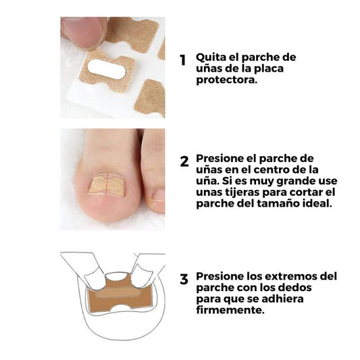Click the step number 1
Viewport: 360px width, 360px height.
click(x=182, y=60)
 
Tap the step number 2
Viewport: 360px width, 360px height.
click(x=184, y=162)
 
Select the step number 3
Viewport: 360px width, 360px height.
click(x=184, y=279)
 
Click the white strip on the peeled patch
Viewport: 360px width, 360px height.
click(x=105, y=68)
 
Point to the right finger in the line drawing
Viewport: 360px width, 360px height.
click(x=143, y=270)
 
